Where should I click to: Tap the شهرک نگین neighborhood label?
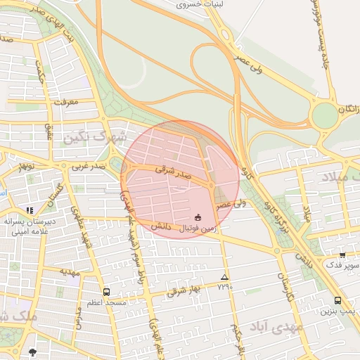96,136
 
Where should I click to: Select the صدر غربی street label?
87,167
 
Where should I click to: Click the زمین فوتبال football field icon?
198,217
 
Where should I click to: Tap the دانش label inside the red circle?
160,227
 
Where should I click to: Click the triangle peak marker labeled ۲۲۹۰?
224,278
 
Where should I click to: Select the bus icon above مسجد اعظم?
106,292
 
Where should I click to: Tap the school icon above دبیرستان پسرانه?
30,210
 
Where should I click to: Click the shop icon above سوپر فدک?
342,255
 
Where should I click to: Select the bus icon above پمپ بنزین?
338,300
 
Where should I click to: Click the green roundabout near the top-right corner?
325,115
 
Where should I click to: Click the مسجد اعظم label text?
106,302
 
